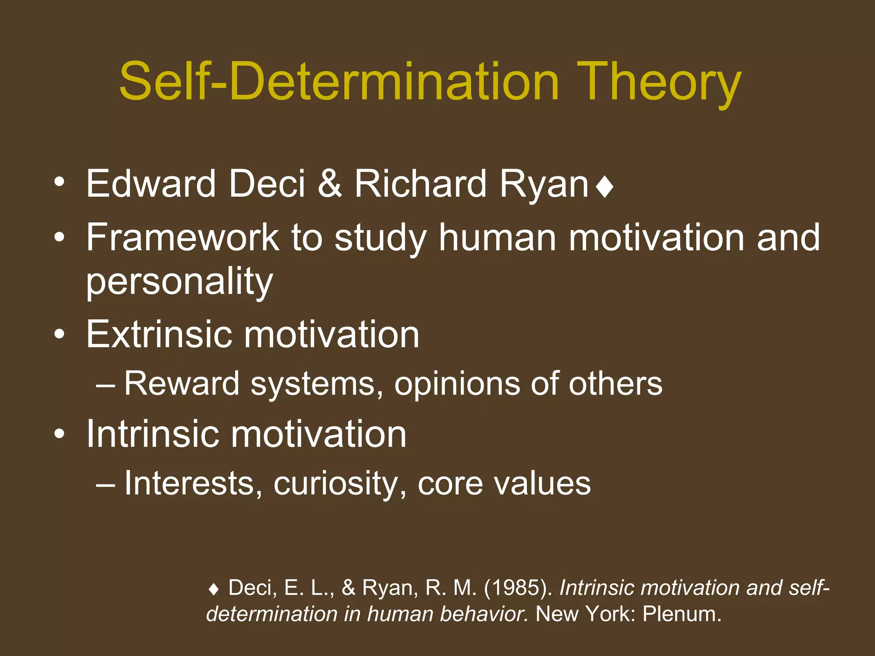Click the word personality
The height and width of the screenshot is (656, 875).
179,282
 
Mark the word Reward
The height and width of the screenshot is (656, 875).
182,384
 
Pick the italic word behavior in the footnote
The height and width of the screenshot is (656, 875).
484,614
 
